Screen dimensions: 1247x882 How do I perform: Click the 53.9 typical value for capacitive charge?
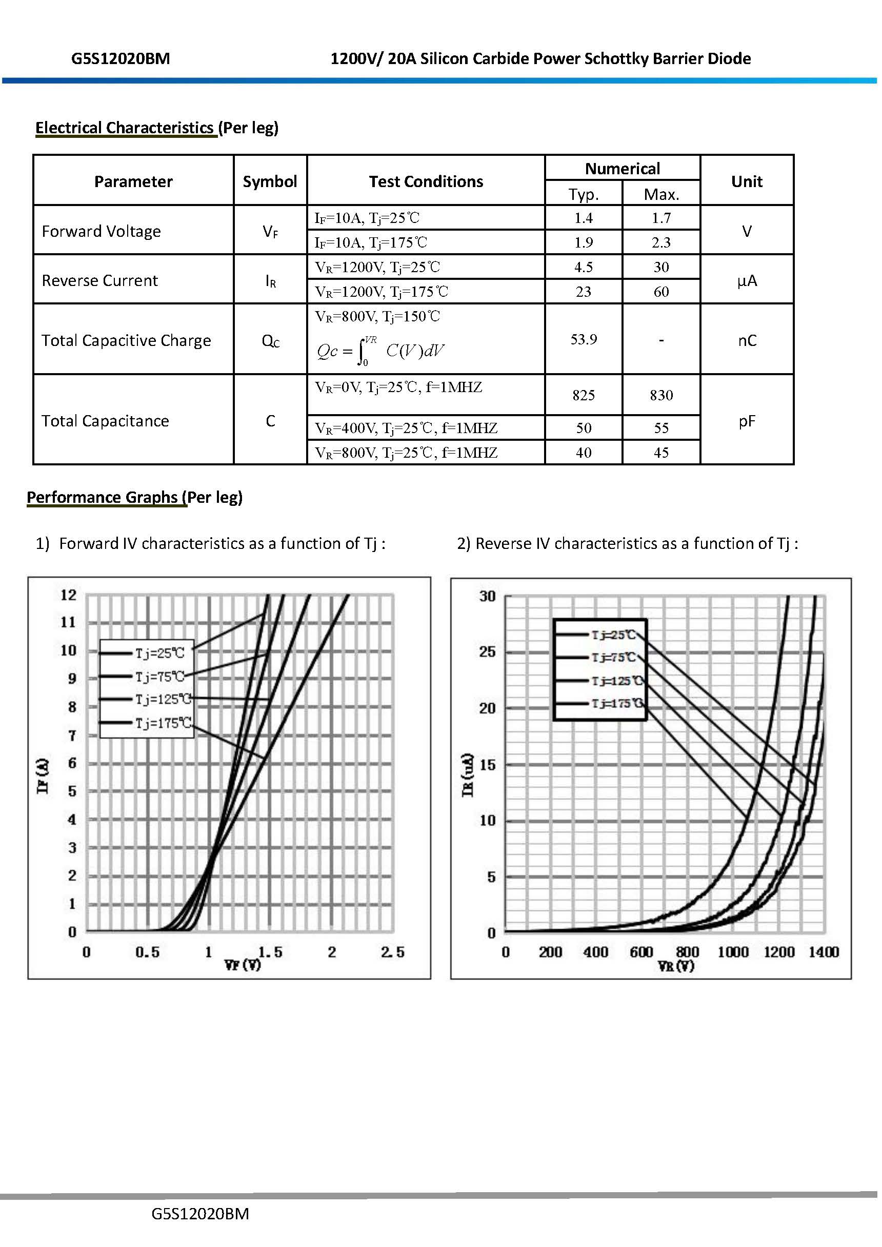click(x=583, y=339)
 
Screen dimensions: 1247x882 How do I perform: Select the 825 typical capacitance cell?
click(x=583, y=395)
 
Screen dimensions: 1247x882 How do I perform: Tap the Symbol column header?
click(x=270, y=181)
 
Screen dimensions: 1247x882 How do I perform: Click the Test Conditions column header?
click(x=426, y=181)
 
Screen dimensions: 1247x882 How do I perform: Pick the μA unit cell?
click(x=747, y=280)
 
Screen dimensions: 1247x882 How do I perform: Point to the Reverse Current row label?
click(x=100, y=280)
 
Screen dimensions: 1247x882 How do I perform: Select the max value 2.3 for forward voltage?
click(x=661, y=242)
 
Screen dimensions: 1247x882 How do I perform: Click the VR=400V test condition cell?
click(x=406, y=428)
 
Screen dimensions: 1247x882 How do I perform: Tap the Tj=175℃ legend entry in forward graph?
click(x=163, y=723)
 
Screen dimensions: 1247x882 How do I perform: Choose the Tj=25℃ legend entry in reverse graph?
click(x=613, y=635)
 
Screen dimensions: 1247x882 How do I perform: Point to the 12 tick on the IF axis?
click(x=69, y=595)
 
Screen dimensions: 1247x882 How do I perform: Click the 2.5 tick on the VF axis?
click(x=392, y=952)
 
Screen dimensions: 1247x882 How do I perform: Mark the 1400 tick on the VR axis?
click(x=824, y=952)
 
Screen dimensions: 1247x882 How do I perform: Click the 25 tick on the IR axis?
click(x=488, y=652)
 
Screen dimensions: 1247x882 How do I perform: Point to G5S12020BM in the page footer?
click(x=200, y=1214)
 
